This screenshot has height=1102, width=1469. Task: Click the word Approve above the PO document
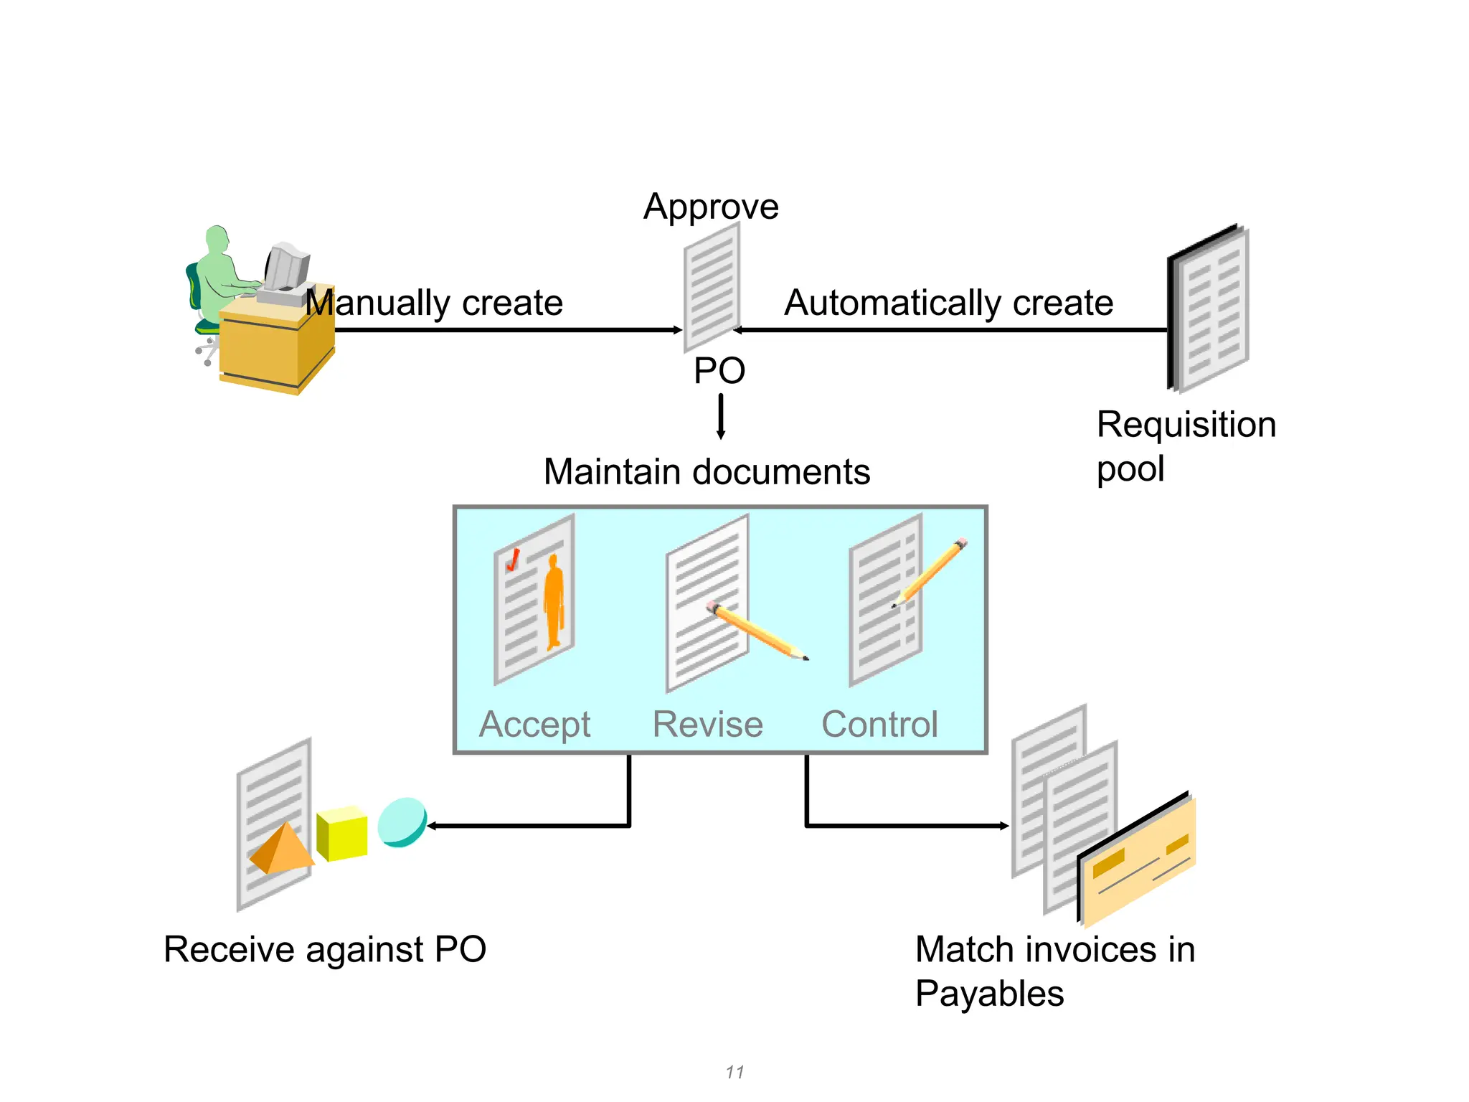pyautogui.click(x=710, y=207)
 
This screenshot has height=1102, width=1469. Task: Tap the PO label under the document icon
pyautogui.click(x=719, y=371)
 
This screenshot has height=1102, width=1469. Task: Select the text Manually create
pyautogui.click(x=434, y=303)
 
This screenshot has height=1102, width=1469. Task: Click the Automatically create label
pyautogui.click(x=948, y=303)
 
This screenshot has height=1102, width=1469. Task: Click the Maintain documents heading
pyautogui.click(x=707, y=472)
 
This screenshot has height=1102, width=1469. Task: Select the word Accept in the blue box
pyautogui.click(x=534, y=724)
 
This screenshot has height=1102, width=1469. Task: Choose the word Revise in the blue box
pyautogui.click(x=707, y=724)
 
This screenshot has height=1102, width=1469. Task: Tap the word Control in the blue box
pyautogui.click(x=879, y=724)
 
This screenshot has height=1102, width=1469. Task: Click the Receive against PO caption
pyautogui.click(x=325, y=949)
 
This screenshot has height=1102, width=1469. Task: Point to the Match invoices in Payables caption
pyautogui.click(x=1054, y=971)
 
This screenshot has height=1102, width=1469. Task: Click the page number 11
pyautogui.click(x=734, y=1072)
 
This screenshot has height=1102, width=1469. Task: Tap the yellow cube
pyautogui.click(x=342, y=834)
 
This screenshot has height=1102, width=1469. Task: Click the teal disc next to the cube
pyautogui.click(x=402, y=822)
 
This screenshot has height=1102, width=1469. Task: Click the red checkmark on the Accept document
pyautogui.click(x=513, y=560)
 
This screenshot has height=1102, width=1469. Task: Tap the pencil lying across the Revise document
pyautogui.click(x=757, y=630)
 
